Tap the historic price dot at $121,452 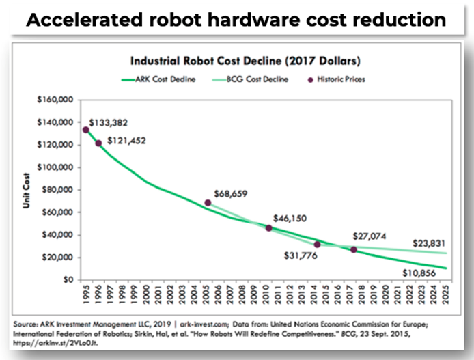coord(99,143)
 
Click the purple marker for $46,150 coord(269,228)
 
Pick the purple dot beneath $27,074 coord(354,250)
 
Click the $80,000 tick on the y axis coord(59,190)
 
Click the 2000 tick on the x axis coord(146,295)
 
